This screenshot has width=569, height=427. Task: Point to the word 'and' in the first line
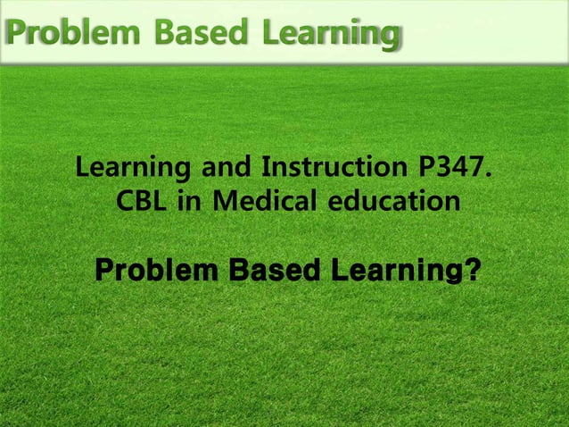[224, 167]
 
